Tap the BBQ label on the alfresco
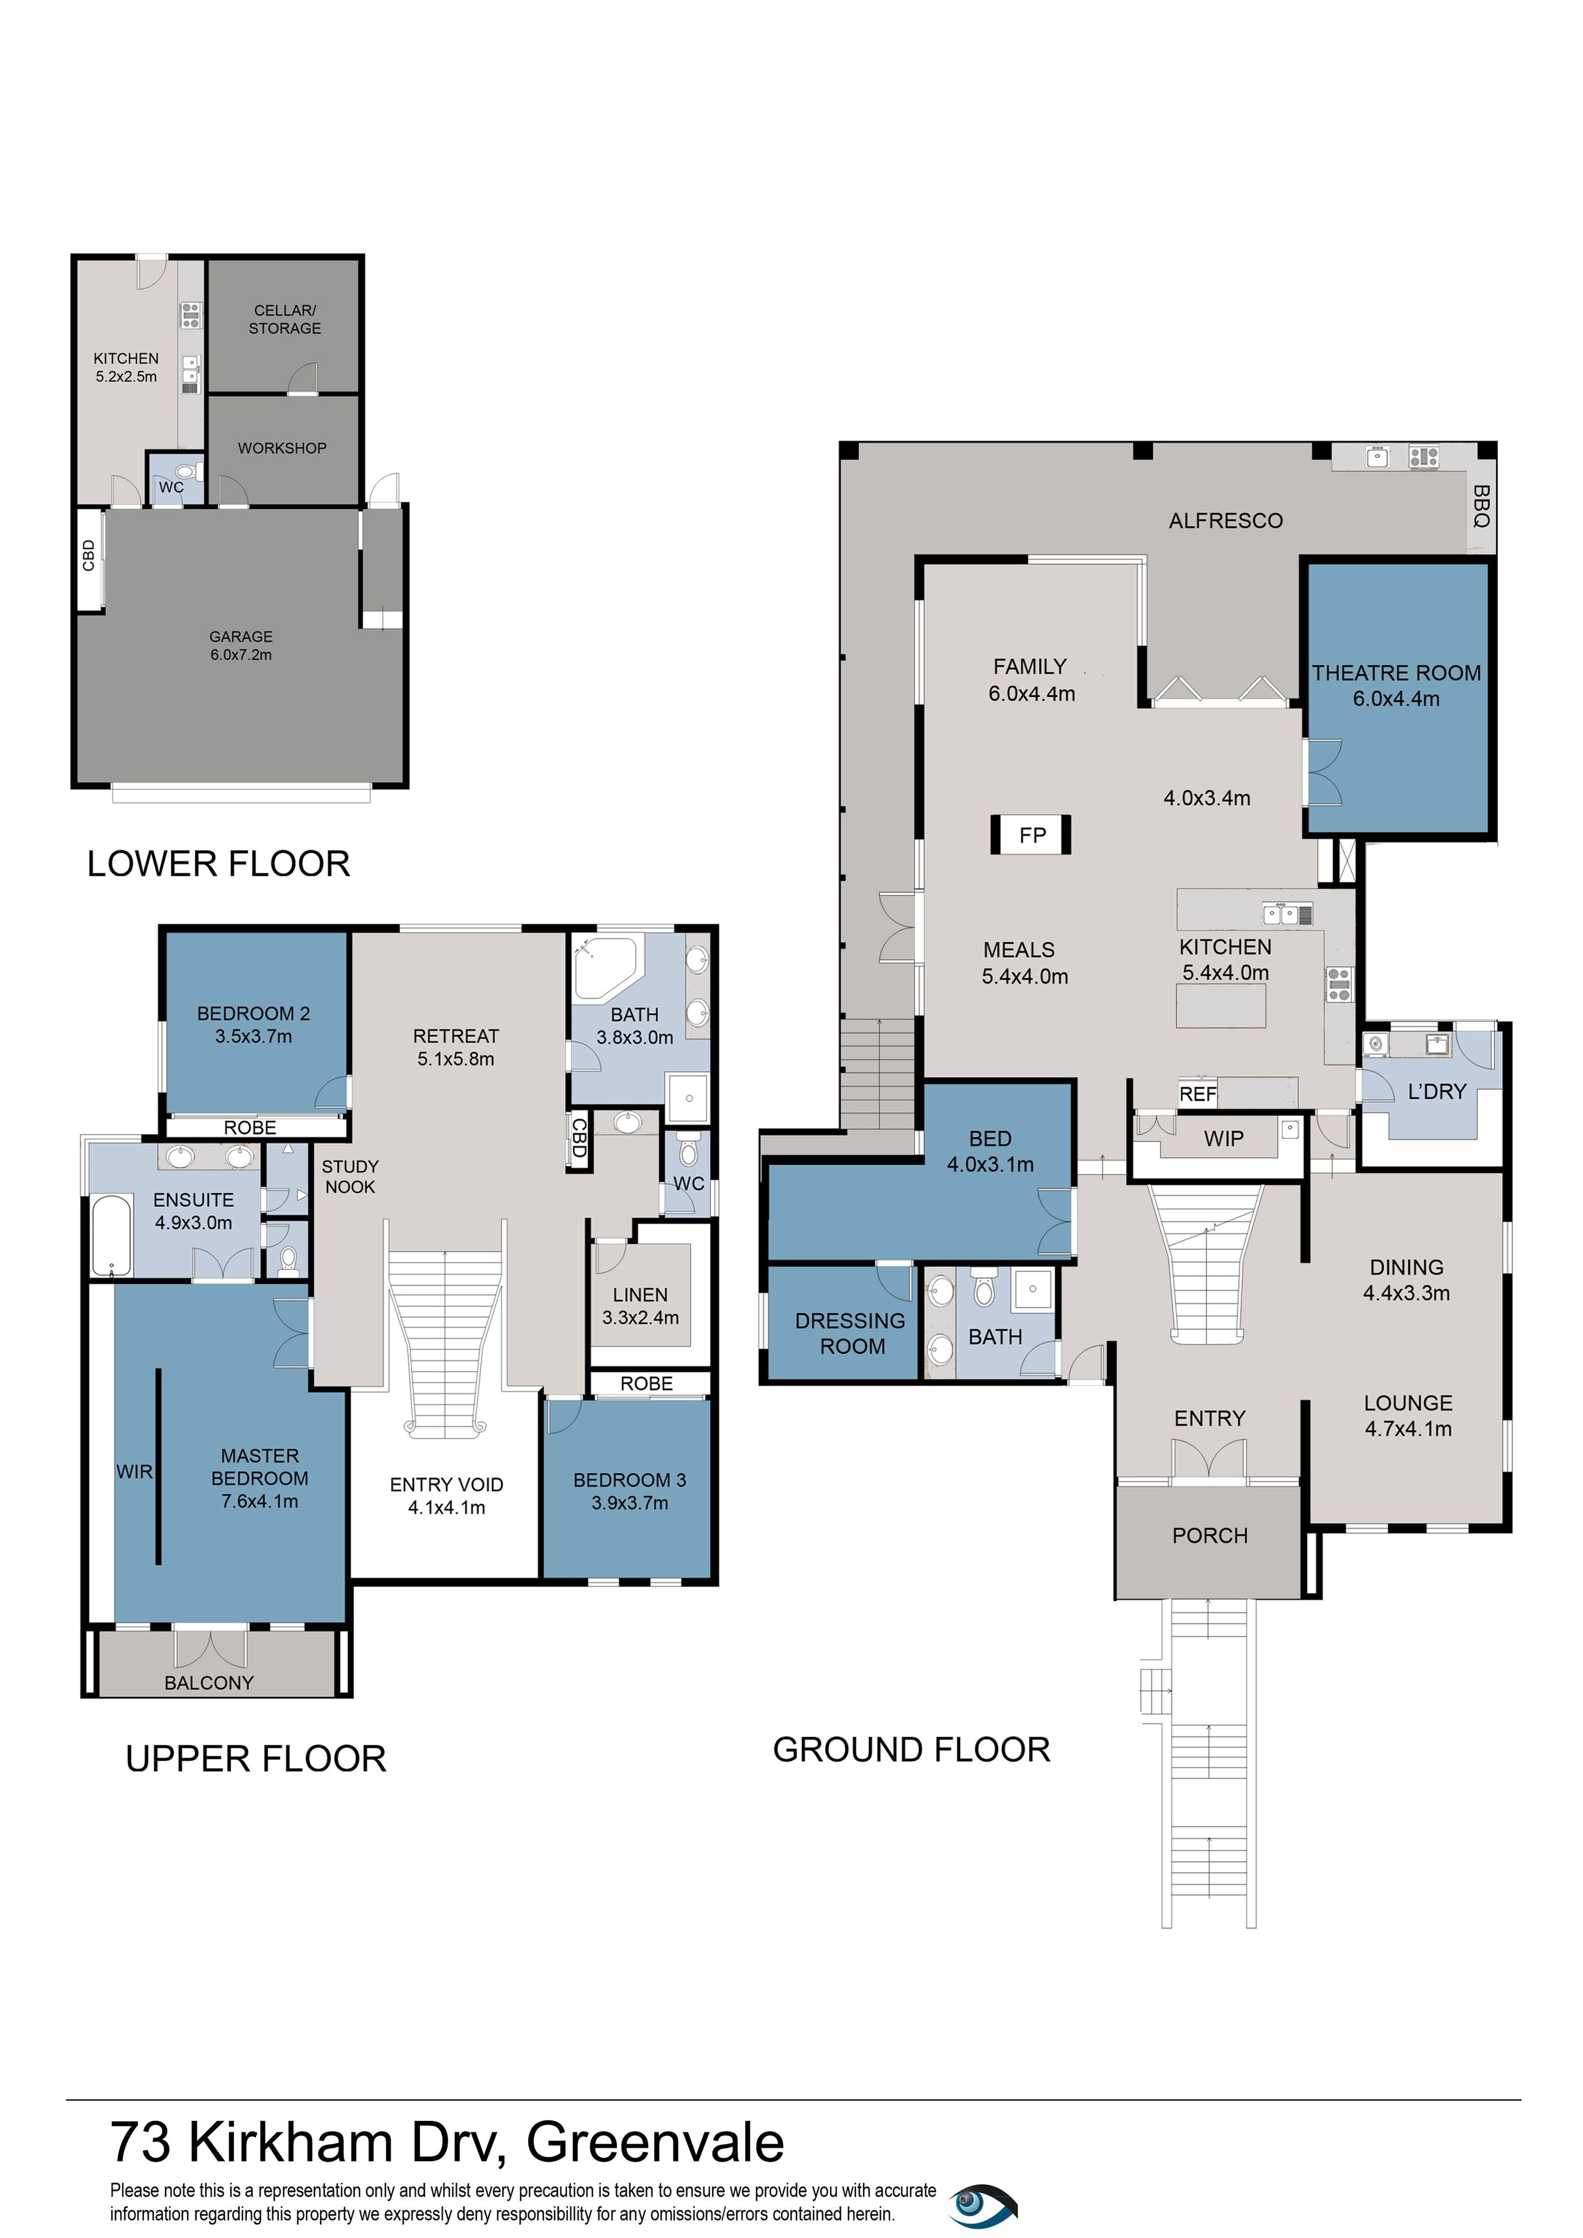pos(1480,506)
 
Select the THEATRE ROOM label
pos(1396,673)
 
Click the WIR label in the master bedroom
pos(135,1472)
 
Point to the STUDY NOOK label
pos(350,1176)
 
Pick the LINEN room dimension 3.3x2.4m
pos(640,1318)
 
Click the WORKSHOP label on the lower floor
pos(282,448)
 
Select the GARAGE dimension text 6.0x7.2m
pos(241,655)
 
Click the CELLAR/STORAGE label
pos(285,319)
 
